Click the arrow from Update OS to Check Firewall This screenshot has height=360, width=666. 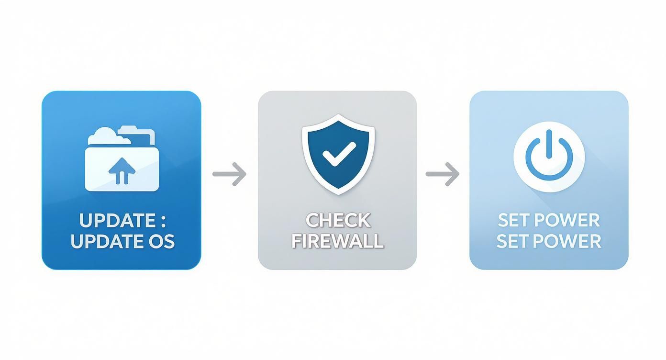(230, 174)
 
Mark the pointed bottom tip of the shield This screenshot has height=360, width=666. (338, 192)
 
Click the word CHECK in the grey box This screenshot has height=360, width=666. (338, 221)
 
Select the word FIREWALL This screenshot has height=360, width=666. (338, 241)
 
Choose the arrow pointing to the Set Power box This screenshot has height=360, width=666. (443, 174)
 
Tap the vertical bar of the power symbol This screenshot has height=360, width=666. (549, 144)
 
